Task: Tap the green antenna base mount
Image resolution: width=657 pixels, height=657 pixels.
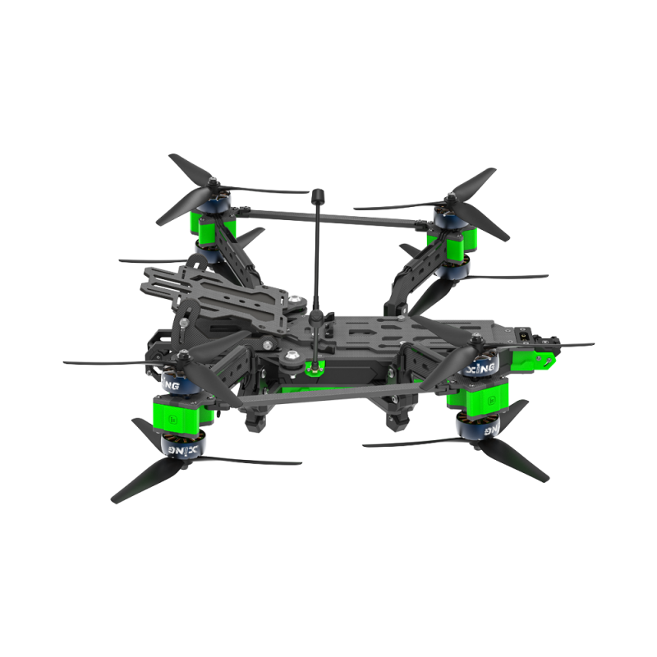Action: click(312, 366)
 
